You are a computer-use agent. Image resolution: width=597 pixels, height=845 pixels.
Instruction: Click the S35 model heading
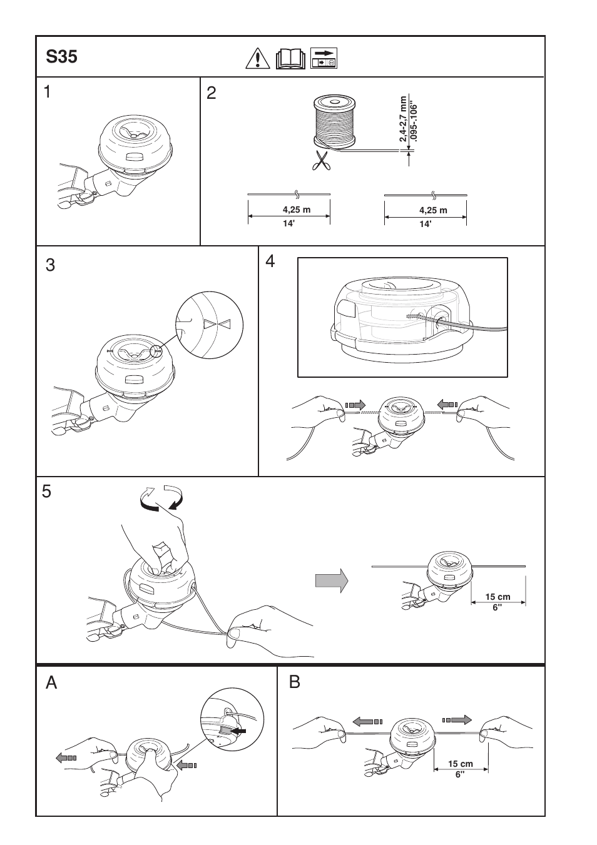61,57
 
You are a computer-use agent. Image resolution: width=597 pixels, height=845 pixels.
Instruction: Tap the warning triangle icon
257,58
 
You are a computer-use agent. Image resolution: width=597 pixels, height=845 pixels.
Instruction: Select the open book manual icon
292,58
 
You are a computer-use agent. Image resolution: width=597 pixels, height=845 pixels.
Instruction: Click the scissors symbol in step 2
320,160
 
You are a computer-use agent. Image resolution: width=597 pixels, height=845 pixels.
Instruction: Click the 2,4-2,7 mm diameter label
404,118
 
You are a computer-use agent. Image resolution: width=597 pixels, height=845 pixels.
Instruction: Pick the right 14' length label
426,224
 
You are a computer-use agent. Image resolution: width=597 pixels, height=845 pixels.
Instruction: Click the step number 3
51,265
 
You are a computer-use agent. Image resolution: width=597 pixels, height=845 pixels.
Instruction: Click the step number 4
270,261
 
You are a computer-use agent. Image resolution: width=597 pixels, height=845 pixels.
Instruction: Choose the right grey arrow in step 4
447,405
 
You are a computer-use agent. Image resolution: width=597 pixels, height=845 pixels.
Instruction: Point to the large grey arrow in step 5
331,581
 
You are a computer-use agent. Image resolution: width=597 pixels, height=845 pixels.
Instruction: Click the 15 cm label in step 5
497,597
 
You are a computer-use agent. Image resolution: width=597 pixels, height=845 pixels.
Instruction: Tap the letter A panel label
52,682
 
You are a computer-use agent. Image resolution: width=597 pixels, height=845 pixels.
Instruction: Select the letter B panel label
295,682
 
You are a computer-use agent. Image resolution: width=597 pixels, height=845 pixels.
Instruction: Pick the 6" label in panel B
461,775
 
